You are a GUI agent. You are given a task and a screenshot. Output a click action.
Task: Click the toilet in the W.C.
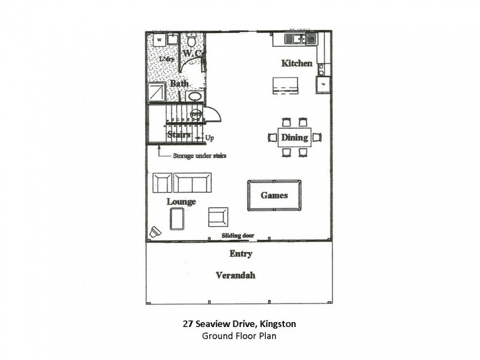(x=190, y=41)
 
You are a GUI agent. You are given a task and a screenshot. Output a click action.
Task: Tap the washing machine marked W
(x=159, y=40)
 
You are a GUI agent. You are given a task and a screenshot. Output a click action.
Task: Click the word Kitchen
(x=297, y=63)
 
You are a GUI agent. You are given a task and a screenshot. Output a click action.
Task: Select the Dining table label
(x=294, y=137)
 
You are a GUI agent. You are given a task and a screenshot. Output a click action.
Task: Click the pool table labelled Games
(x=274, y=195)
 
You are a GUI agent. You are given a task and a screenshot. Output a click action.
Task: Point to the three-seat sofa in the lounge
(x=192, y=182)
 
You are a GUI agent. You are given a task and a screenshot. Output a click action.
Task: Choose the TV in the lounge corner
(x=156, y=232)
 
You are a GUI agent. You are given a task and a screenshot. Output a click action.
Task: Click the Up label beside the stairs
(x=209, y=138)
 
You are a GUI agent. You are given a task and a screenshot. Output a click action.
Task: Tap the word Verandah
(x=236, y=275)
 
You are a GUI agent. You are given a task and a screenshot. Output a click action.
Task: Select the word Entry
(x=241, y=254)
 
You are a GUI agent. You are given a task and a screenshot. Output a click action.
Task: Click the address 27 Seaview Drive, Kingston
(x=239, y=324)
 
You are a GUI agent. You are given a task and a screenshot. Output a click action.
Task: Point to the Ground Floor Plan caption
(x=239, y=336)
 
